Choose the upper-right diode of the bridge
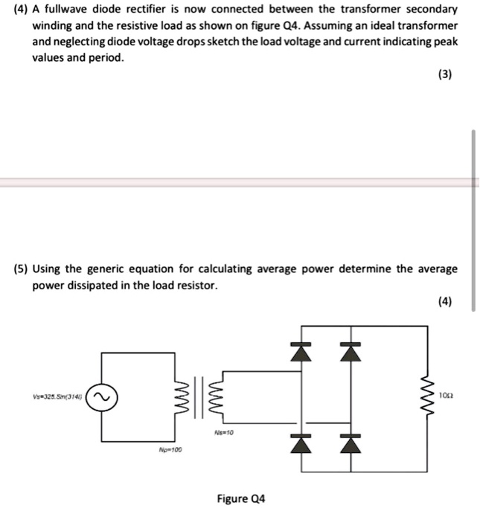point(345,353)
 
